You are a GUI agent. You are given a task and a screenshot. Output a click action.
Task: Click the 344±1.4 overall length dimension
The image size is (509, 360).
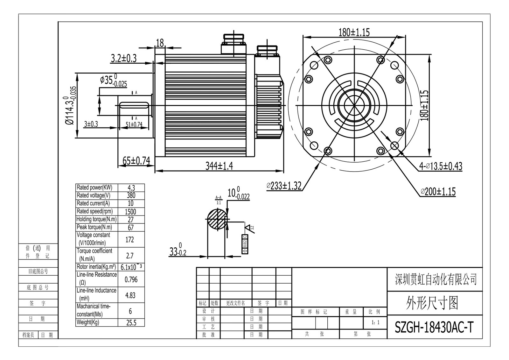219,166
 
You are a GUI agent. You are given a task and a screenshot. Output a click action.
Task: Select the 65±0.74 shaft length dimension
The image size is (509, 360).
136,161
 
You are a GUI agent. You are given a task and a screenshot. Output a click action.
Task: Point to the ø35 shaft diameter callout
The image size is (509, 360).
113,80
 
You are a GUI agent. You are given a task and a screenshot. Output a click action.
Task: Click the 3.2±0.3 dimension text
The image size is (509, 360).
123,58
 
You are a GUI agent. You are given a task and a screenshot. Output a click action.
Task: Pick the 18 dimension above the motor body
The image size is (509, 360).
160,43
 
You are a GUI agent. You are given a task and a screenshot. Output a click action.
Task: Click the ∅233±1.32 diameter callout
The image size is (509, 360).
284,186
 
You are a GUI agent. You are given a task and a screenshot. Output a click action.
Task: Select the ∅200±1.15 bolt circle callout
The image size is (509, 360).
438,192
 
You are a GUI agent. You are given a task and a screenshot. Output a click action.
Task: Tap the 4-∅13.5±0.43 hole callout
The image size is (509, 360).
441,166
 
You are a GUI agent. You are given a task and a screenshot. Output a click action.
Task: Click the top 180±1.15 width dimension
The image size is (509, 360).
354,32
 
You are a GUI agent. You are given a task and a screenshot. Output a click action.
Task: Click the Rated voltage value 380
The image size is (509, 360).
131,195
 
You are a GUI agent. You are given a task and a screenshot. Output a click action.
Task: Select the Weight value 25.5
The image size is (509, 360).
131,323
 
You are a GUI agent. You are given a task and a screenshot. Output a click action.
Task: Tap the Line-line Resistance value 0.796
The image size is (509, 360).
131,279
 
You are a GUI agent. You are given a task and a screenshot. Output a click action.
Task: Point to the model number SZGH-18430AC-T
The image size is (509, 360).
434,327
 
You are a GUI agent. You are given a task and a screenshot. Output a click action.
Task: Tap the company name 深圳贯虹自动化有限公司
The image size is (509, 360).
436,279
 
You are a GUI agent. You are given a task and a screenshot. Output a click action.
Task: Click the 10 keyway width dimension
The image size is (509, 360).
238,194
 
